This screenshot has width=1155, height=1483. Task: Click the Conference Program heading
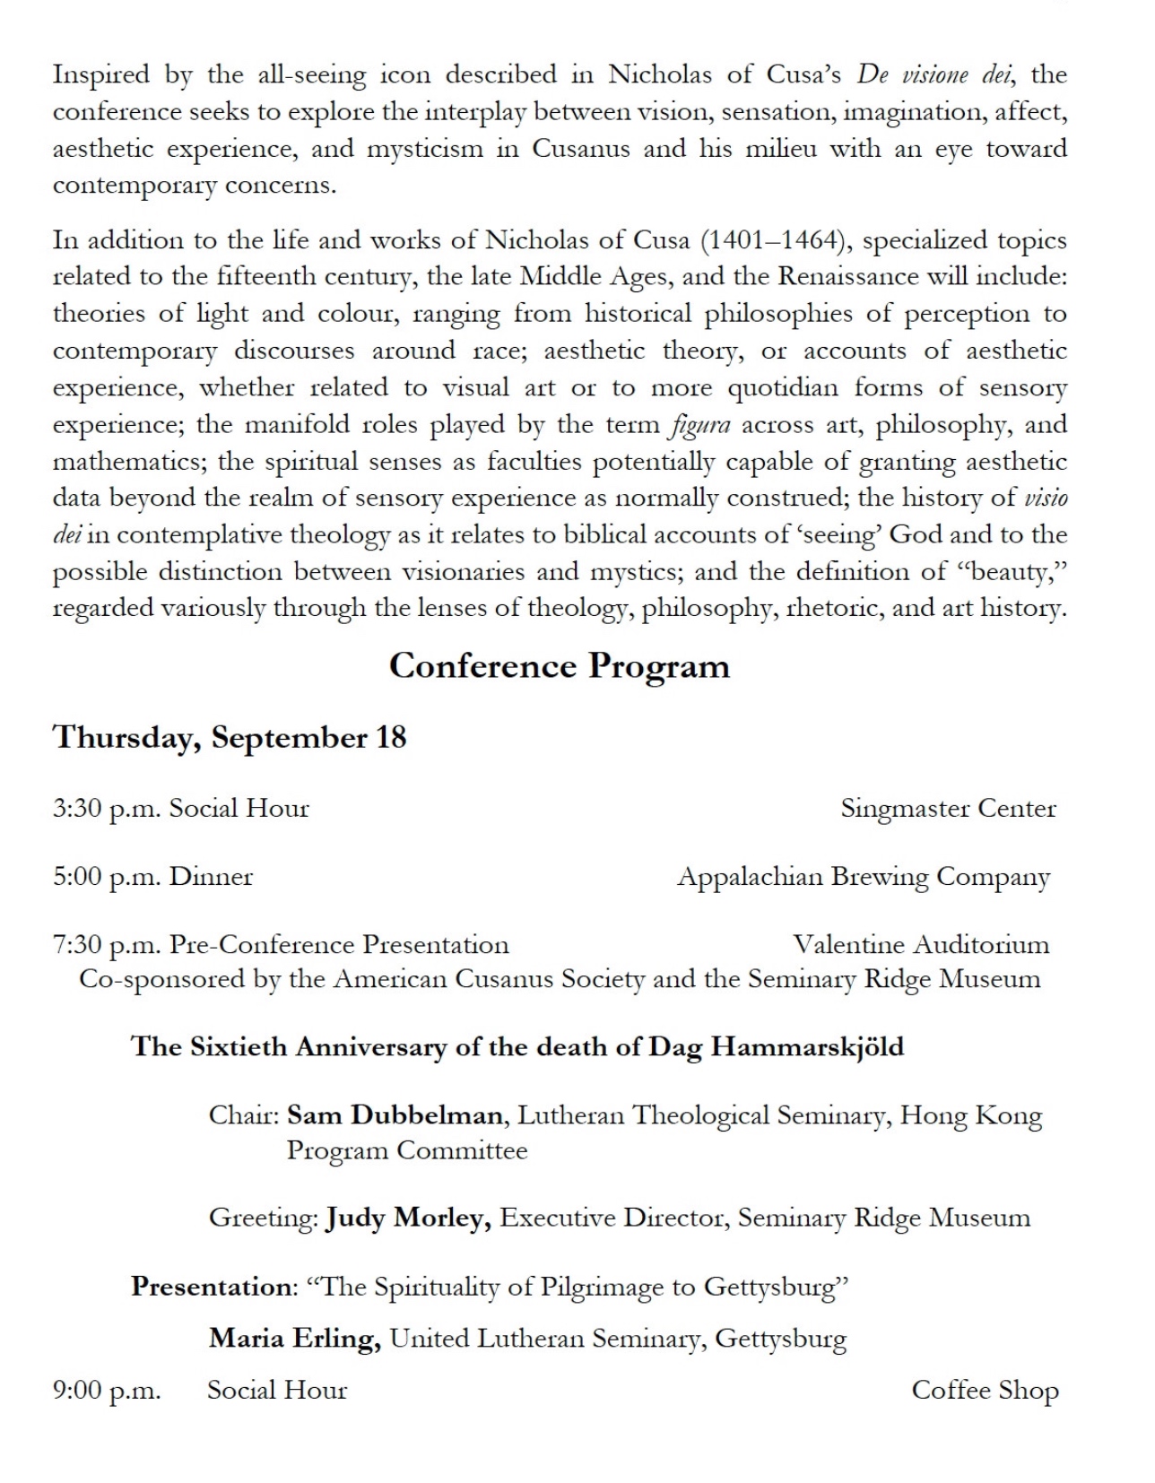point(559,666)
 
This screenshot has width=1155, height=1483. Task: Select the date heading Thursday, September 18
point(230,737)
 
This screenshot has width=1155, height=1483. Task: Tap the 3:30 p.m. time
point(107,809)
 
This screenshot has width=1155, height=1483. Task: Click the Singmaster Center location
point(948,809)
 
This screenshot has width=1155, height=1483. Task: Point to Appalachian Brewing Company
point(863,877)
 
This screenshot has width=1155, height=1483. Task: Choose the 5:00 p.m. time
point(107,877)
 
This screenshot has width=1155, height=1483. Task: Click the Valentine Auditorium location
point(921,944)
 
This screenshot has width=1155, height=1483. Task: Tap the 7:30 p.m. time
point(107,945)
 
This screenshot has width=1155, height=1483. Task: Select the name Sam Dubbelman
point(395,1115)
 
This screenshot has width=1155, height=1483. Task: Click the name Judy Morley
point(407,1218)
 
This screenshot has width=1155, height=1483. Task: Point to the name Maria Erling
point(295,1339)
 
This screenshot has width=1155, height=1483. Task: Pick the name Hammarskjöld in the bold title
point(807,1047)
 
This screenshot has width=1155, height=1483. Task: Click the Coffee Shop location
point(985,1390)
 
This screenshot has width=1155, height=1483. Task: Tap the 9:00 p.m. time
point(107,1391)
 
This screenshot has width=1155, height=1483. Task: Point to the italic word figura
point(700,425)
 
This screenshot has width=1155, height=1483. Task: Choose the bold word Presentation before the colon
point(212,1287)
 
